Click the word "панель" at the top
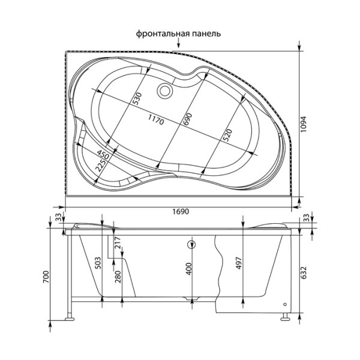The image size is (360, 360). pos(206,34)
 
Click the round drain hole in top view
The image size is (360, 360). pos(164,91)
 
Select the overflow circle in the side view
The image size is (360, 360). pos(192,245)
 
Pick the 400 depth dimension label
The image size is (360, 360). pos(189,269)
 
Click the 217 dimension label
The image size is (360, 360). pos(117,242)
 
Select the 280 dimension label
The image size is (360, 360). pos(117,277)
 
